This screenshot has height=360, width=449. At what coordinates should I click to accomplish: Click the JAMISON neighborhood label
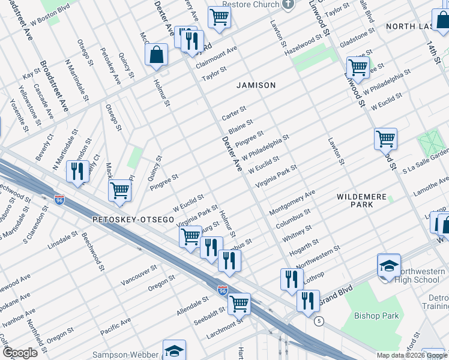(256, 85)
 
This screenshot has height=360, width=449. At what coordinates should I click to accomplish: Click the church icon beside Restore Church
(288, 5)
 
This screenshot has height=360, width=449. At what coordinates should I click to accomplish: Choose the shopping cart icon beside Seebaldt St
(239, 303)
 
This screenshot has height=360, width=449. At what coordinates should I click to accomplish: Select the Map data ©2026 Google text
(411, 355)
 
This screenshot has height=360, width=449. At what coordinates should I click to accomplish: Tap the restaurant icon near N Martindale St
(77, 172)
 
